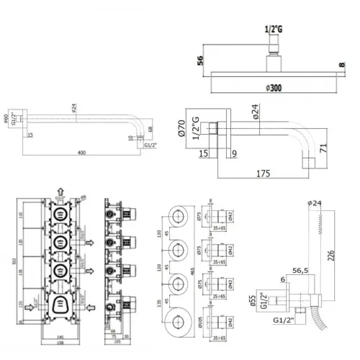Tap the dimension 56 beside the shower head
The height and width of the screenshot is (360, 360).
point(200,61)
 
